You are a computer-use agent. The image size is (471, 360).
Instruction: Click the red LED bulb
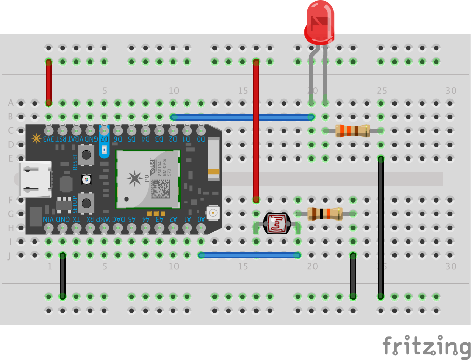[x=319, y=23]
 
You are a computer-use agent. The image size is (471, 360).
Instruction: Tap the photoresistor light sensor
[x=276, y=224]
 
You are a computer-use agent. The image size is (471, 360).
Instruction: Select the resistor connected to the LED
[x=352, y=131]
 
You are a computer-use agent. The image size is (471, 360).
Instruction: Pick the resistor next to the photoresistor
[x=325, y=213]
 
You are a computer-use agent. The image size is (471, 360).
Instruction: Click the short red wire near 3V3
[x=49, y=82]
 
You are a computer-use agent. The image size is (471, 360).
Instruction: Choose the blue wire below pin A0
[x=249, y=255]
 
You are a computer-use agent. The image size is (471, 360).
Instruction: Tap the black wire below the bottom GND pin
[x=63, y=275]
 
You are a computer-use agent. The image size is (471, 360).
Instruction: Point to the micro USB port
[x=35, y=179]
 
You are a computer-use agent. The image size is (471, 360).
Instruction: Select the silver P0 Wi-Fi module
[x=148, y=178]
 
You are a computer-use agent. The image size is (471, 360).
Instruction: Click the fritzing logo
[x=426, y=347]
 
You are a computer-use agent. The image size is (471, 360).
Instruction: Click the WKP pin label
[x=104, y=219]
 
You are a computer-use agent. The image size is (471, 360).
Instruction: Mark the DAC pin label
[x=118, y=219]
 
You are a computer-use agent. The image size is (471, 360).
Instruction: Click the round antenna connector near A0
[x=212, y=211]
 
